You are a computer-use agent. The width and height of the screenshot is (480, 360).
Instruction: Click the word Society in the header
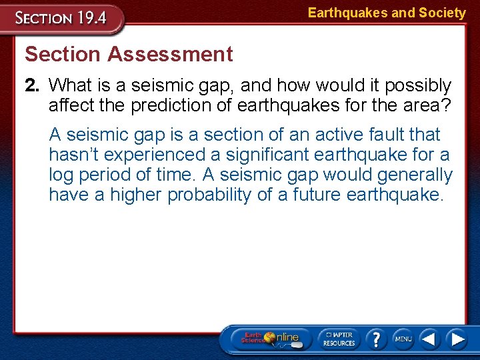(442, 13)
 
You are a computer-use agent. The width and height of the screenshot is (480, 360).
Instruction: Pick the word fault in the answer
(386, 135)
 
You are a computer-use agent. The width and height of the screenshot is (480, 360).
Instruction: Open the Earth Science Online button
(270, 339)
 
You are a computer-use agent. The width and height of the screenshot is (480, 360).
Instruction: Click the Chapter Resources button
(339, 339)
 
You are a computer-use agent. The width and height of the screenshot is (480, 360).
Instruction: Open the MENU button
(403, 339)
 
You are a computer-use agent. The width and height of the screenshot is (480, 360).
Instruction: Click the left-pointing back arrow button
(430, 339)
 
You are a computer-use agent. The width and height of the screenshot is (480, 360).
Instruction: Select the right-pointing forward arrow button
(457, 339)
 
